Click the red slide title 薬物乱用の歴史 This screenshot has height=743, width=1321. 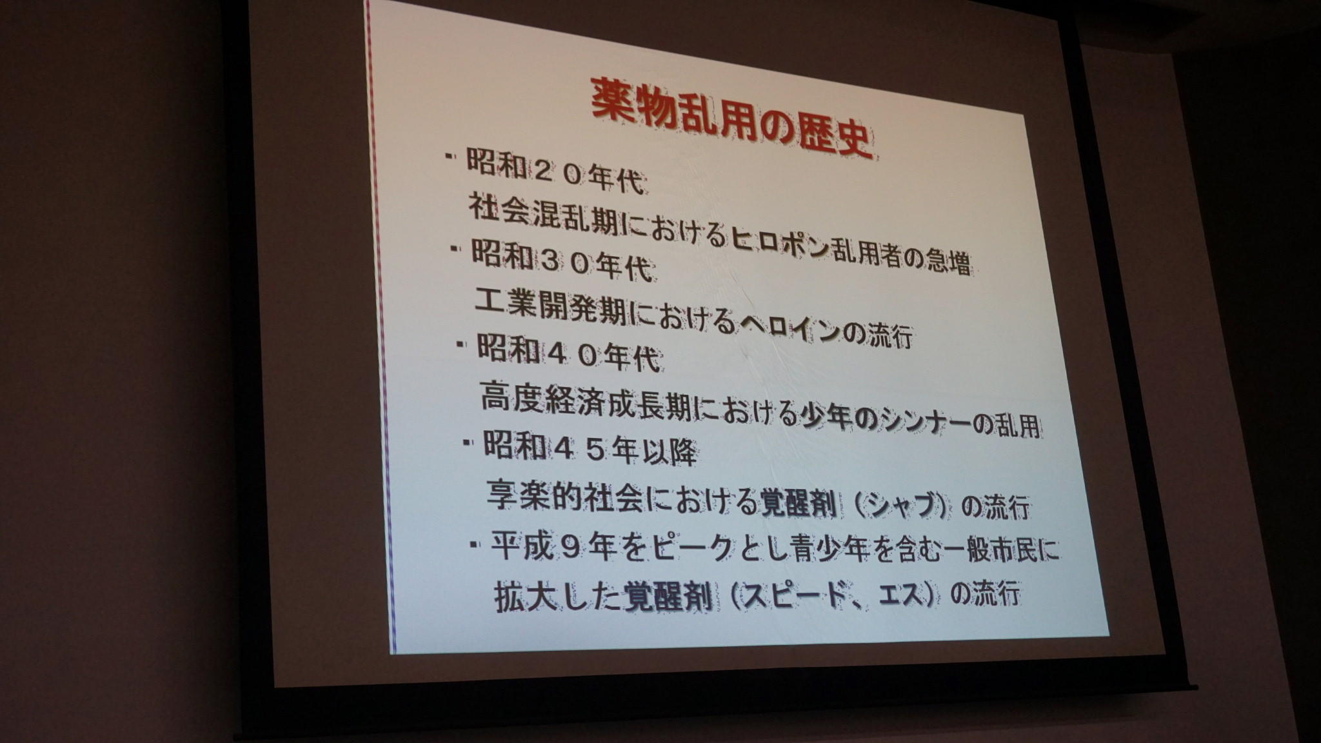(x=732, y=117)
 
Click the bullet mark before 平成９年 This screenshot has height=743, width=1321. (x=475, y=544)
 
